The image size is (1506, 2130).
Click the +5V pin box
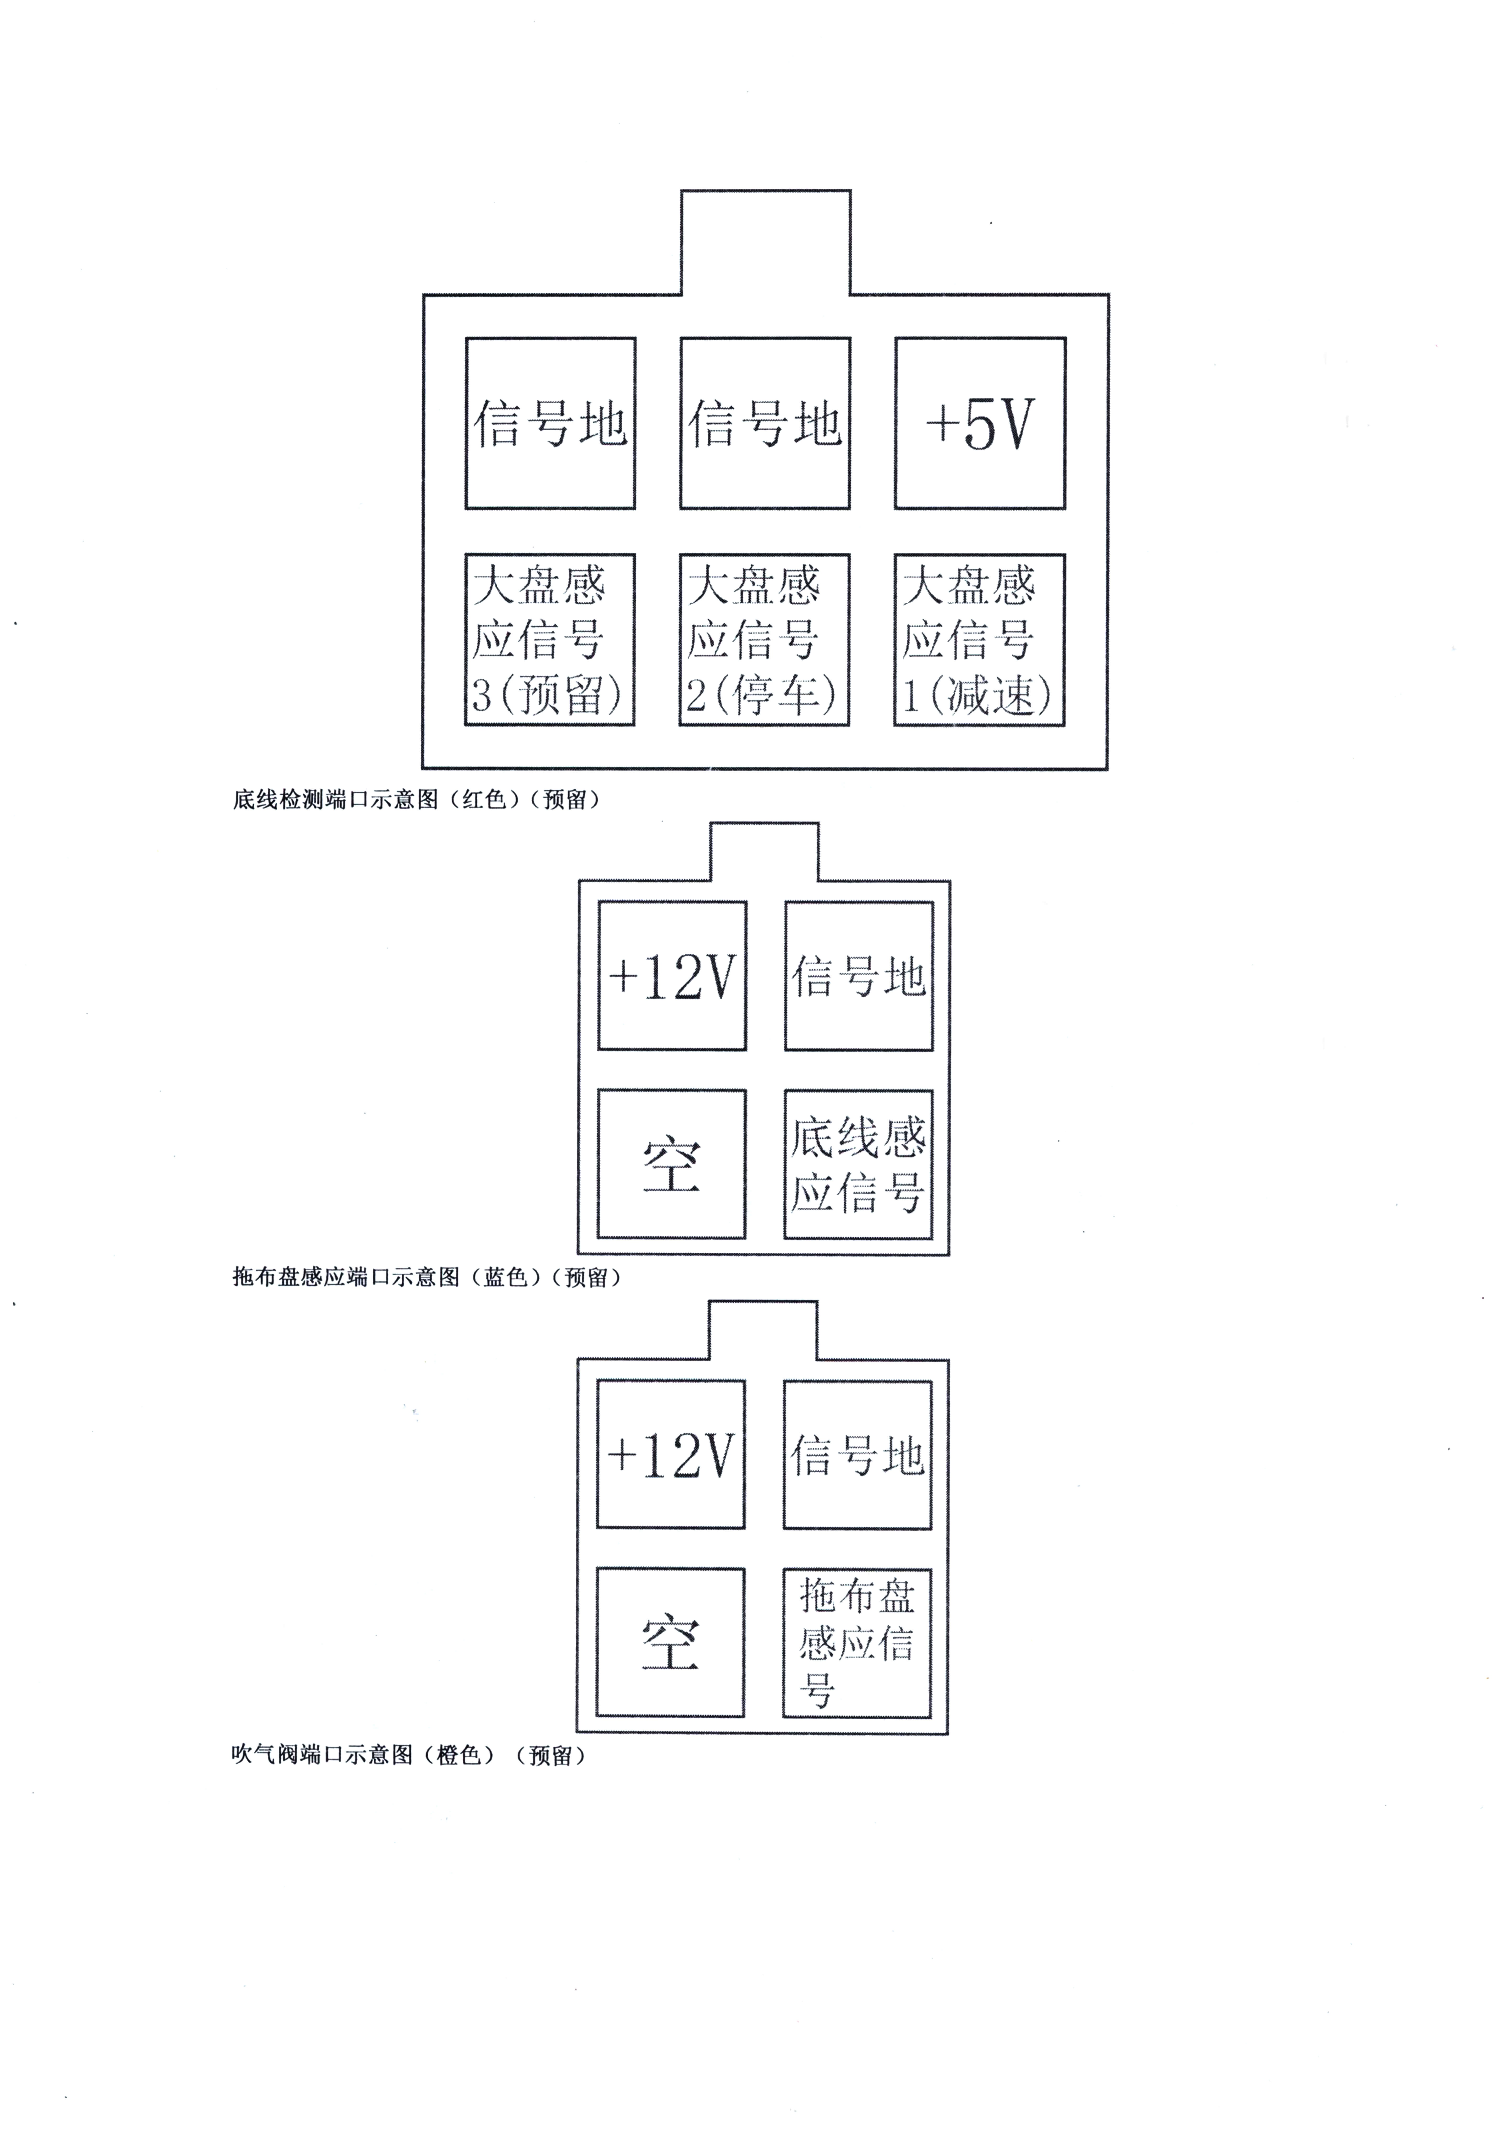click(x=980, y=423)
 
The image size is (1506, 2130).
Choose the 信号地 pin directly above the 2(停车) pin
click(x=765, y=423)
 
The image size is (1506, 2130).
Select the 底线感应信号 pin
click(x=858, y=1164)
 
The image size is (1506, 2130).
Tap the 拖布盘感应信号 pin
click(x=857, y=1642)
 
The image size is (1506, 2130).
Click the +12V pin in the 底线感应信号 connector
click(x=672, y=976)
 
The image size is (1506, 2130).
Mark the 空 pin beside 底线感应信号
click(x=671, y=1164)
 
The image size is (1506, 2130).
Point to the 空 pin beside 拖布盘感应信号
click(x=670, y=1642)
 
